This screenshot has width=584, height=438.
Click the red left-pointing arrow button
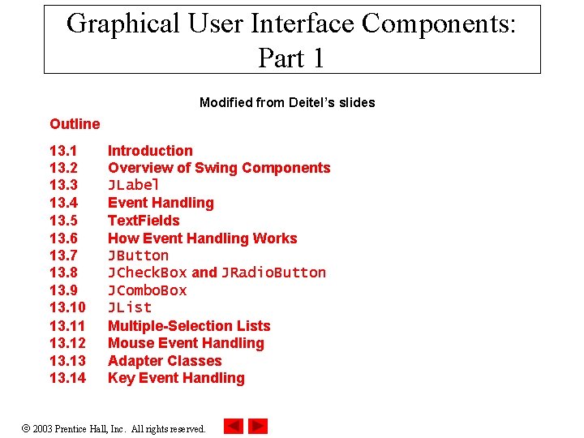(x=234, y=426)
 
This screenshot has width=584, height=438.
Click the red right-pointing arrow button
(x=258, y=426)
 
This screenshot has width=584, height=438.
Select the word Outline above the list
(x=75, y=124)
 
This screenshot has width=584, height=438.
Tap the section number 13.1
(x=64, y=151)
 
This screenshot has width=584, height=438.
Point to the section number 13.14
(x=67, y=378)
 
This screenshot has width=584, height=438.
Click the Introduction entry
(x=150, y=151)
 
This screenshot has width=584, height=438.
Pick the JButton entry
(x=138, y=255)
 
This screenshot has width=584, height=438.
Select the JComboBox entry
(x=147, y=290)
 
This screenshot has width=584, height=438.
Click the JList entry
(x=130, y=307)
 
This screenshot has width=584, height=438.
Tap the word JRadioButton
(x=273, y=273)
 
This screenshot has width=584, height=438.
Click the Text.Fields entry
(x=144, y=221)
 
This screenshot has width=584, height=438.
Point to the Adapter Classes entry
(x=165, y=361)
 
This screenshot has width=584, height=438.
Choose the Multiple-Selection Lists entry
(x=189, y=326)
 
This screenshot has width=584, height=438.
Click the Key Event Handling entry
(x=176, y=378)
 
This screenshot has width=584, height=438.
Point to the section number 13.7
(x=64, y=255)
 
